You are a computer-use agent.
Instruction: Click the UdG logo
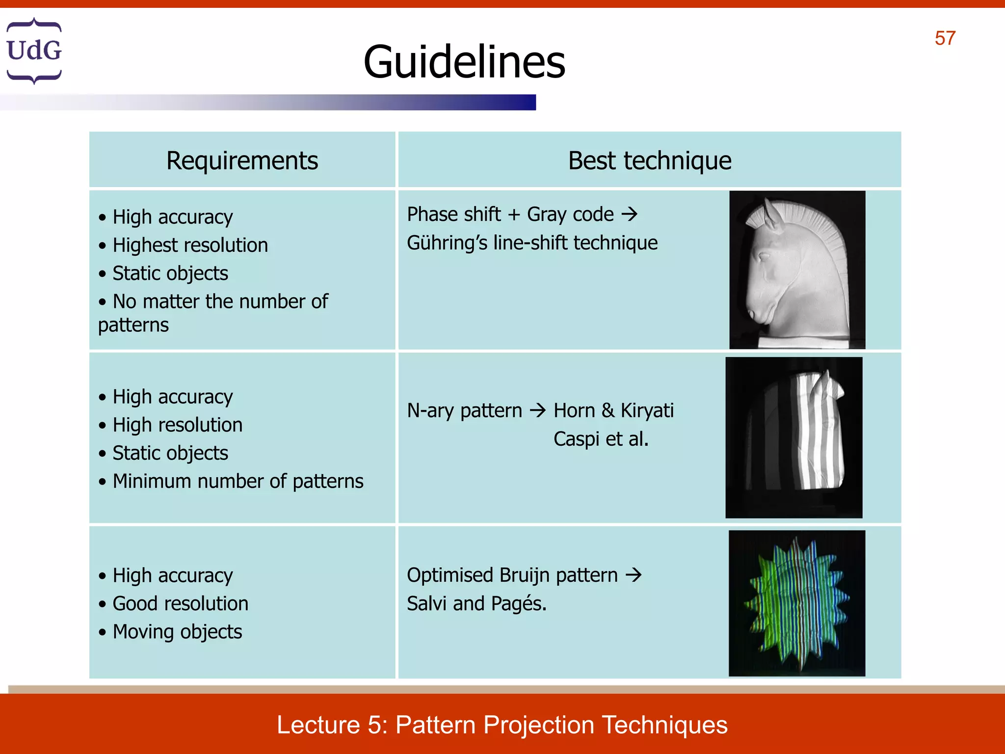pos(34,51)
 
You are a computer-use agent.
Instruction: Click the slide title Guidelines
pos(464,62)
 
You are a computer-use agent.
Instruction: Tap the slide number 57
pos(945,38)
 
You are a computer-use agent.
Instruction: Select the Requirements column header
pos(242,161)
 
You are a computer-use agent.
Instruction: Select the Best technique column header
pos(649,161)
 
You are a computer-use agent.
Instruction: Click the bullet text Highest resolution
pos(190,245)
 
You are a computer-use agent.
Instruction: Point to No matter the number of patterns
pos(213,313)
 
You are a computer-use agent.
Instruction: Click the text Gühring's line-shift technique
pos(532,242)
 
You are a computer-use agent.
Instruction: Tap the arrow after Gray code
pos(629,214)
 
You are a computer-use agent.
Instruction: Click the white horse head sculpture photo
pos(797,270)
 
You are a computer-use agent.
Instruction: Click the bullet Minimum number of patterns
pos(238,481)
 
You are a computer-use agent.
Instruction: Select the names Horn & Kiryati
pos(613,410)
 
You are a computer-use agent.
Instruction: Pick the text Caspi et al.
pos(601,439)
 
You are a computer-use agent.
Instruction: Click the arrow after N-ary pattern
pos(538,410)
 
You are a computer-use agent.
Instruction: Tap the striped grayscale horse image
pos(793,437)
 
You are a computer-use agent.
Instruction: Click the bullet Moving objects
pos(177,632)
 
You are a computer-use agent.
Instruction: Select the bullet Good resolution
pos(180,603)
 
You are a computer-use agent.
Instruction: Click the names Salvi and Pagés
pos(476,603)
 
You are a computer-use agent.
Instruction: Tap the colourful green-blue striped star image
pos(796,603)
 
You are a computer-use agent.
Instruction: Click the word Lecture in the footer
pos(318,725)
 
